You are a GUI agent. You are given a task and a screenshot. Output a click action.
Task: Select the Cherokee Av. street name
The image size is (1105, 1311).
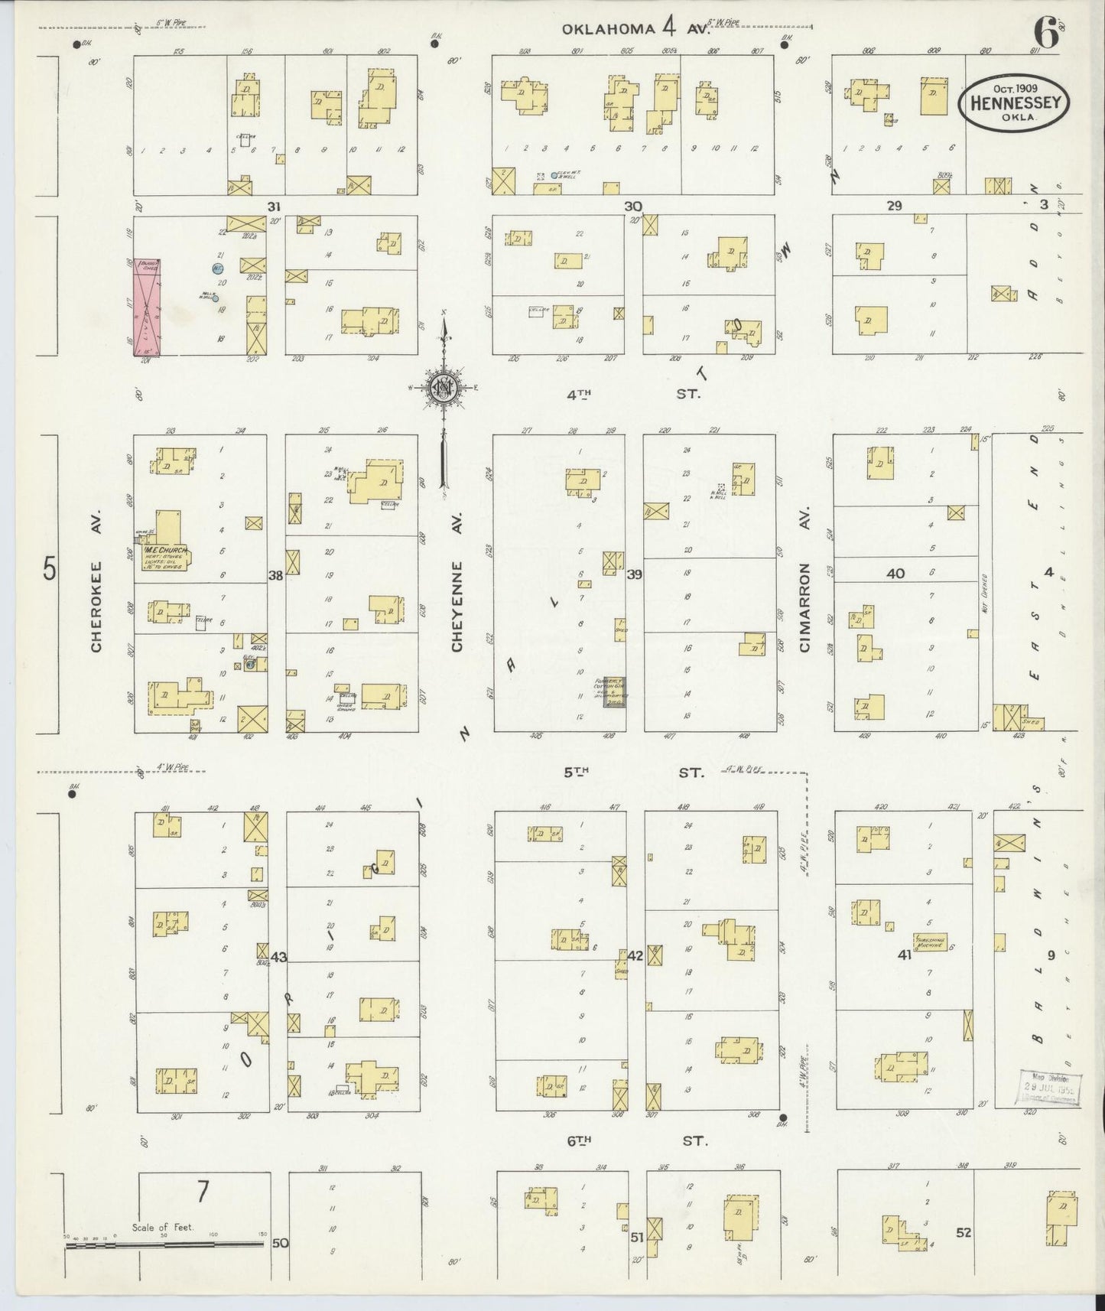[x=96, y=583]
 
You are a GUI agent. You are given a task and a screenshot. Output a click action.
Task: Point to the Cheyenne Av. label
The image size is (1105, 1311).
[x=457, y=583]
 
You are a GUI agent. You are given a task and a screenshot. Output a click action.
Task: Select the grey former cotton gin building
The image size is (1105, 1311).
[x=614, y=691]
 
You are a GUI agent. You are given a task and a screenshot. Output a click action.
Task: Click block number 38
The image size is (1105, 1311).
[x=275, y=575]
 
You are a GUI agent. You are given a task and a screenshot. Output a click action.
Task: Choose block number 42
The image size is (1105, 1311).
[x=635, y=955]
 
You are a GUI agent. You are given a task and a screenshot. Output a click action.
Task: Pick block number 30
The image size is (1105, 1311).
[x=632, y=206]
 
